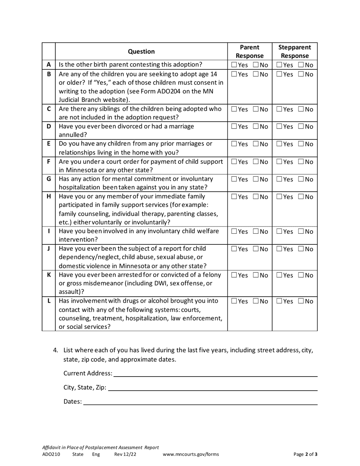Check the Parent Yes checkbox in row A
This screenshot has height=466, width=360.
(x=234, y=65)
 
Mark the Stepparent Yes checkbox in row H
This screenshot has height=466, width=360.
(x=279, y=197)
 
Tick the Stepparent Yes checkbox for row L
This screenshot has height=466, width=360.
(x=279, y=302)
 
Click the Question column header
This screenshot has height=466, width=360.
(x=141, y=52)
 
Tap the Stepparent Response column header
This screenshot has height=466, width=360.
(x=294, y=52)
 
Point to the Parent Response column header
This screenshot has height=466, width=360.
(x=250, y=52)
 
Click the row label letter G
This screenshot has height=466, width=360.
(x=49, y=179)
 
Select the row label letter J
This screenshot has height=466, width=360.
(x=49, y=249)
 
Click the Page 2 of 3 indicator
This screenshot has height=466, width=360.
(x=305, y=454)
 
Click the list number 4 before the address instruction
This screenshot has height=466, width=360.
(x=55, y=350)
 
